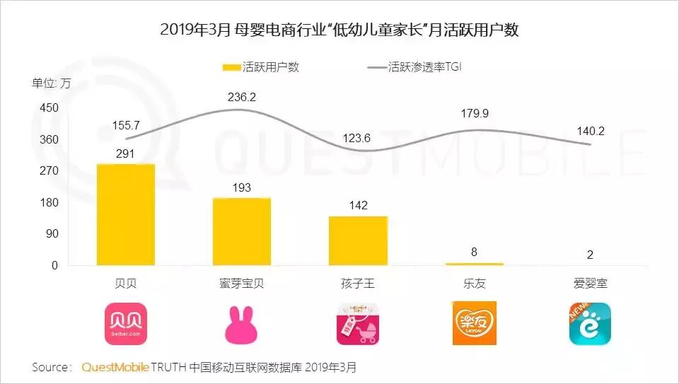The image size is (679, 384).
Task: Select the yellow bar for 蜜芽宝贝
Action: point(242,231)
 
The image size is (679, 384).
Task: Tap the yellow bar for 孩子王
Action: point(358,240)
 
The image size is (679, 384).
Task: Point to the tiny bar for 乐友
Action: point(475,264)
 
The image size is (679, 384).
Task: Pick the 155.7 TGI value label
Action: point(126,125)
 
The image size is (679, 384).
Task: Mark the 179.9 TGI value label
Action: point(475,113)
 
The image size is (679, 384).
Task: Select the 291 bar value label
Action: point(126,153)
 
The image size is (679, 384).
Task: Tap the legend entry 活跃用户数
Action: point(261,67)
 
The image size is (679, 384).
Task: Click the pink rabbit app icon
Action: point(242,325)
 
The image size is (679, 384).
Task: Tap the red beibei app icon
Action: point(126,324)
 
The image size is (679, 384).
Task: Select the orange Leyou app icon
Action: point(475,324)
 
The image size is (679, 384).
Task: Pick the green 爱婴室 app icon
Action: point(590,324)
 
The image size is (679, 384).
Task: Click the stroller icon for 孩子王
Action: point(358,324)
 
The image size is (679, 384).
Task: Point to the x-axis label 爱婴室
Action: point(590,284)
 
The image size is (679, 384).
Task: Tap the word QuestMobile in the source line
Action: point(115,368)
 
